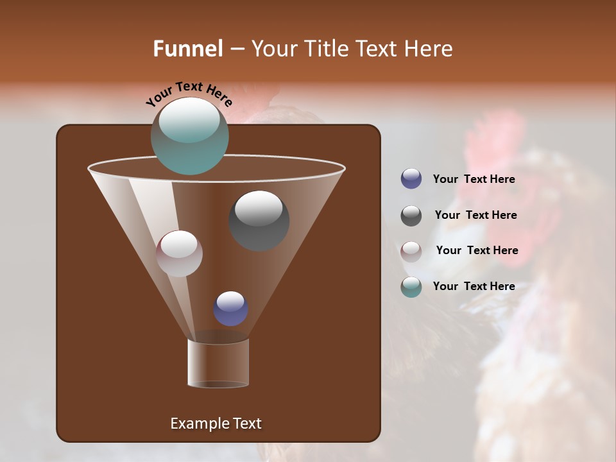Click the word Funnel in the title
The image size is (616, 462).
[188, 49]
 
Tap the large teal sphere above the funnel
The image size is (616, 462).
[189, 135]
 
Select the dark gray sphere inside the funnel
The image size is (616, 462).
[259, 220]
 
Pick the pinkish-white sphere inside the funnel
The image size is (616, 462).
[179, 253]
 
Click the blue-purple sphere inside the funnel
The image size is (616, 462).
[230, 308]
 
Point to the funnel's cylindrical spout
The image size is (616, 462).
[218, 363]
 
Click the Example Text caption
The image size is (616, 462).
[216, 424]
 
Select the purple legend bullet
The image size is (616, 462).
[411, 179]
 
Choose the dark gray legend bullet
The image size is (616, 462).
[411, 216]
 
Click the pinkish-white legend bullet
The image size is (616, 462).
[411, 252]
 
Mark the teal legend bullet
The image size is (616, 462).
[411, 287]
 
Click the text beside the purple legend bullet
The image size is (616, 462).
[474, 180]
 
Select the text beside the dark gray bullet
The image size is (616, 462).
[475, 216]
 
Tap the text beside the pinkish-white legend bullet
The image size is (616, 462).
[477, 251]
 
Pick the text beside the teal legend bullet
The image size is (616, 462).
[474, 287]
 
